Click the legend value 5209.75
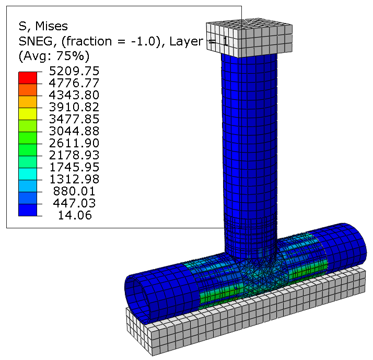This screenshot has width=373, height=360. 74,71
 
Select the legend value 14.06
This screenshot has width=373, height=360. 75,215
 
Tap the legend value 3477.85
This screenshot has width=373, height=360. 74,119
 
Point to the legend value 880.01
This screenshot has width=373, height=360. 74,191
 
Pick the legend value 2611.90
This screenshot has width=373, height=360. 74,143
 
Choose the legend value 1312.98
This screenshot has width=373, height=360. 74,179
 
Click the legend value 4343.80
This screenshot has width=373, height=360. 74,95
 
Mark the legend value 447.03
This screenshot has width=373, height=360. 74,203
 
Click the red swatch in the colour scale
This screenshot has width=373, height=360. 28,78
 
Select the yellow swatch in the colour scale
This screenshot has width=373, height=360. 28,114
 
